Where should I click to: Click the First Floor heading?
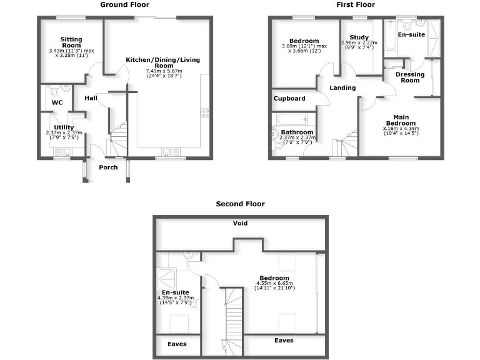click(x=356, y=4)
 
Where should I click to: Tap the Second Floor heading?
click(x=240, y=204)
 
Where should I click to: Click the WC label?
click(x=57, y=102)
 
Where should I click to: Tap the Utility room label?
click(x=64, y=127)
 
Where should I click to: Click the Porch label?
click(x=108, y=167)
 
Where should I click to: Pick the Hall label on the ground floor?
click(x=91, y=98)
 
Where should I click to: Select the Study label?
click(x=359, y=37)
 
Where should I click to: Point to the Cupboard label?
click(x=289, y=99)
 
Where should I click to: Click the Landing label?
click(x=342, y=88)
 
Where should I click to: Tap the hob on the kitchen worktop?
click(x=204, y=113)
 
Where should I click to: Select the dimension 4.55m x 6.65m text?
click(x=275, y=284)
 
